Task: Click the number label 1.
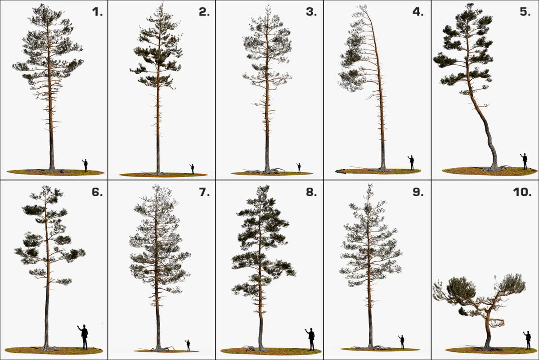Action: [x=97, y=12]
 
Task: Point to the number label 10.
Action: [x=522, y=192]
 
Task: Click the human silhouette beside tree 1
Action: [x=85, y=165]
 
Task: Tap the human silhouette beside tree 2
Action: [x=192, y=169]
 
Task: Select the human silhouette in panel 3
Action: [x=299, y=168]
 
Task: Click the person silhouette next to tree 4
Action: [x=411, y=162]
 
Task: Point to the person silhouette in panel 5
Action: [x=524, y=161]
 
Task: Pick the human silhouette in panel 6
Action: [x=84, y=337]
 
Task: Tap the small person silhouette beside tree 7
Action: [x=188, y=345]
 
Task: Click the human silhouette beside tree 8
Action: [x=311, y=339]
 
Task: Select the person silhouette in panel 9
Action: [x=402, y=342]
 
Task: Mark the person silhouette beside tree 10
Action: [x=528, y=340]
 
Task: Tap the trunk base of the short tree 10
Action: [x=487, y=346]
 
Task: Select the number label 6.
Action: [x=97, y=192]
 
